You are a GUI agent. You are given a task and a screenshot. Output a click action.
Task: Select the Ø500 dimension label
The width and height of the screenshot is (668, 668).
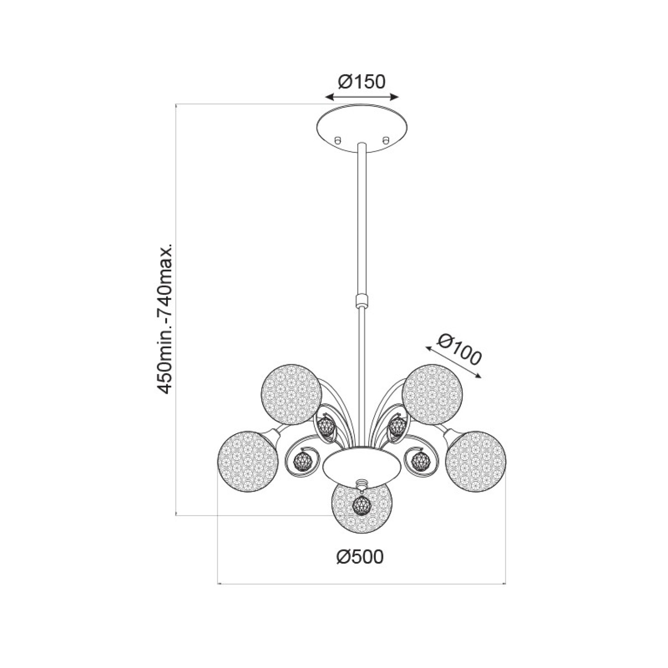click(x=360, y=557)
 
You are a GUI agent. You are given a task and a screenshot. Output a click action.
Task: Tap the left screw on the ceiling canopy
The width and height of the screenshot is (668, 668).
click(x=338, y=140)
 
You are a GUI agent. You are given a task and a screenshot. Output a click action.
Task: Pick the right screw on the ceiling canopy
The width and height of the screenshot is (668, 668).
click(x=385, y=140)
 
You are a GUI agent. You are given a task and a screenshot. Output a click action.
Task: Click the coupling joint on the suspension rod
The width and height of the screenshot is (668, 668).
click(x=361, y=301)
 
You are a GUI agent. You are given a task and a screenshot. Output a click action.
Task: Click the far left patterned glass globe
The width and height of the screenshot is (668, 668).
click(x=248, y=460)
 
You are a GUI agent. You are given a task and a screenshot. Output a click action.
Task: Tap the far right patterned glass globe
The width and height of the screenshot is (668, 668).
click(x=476, y=460)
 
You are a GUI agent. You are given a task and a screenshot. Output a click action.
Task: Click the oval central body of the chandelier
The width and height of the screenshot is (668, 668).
click(x=362, y=465)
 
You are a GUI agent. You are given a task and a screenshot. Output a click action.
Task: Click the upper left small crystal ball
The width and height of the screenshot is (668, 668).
click(x=326, y=426)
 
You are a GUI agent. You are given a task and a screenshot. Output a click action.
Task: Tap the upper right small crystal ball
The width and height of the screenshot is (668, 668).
click(x=396, y=426)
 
